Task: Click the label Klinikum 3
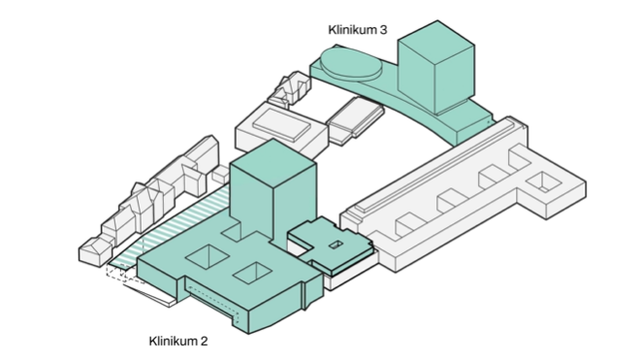click(357, 30)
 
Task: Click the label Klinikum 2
click(177, 341)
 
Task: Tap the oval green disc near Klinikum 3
click(350, 67)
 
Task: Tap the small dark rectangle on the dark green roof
click(335, 244)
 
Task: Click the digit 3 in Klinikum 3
click(384, 30)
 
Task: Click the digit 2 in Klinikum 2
click(204, 341)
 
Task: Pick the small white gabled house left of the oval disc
click(289, 92)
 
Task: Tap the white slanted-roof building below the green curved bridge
click(353, 120)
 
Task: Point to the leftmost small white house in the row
click(93, 250)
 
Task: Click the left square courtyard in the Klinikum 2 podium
click(207, 257)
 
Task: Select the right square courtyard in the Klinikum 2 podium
click(250, 274)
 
